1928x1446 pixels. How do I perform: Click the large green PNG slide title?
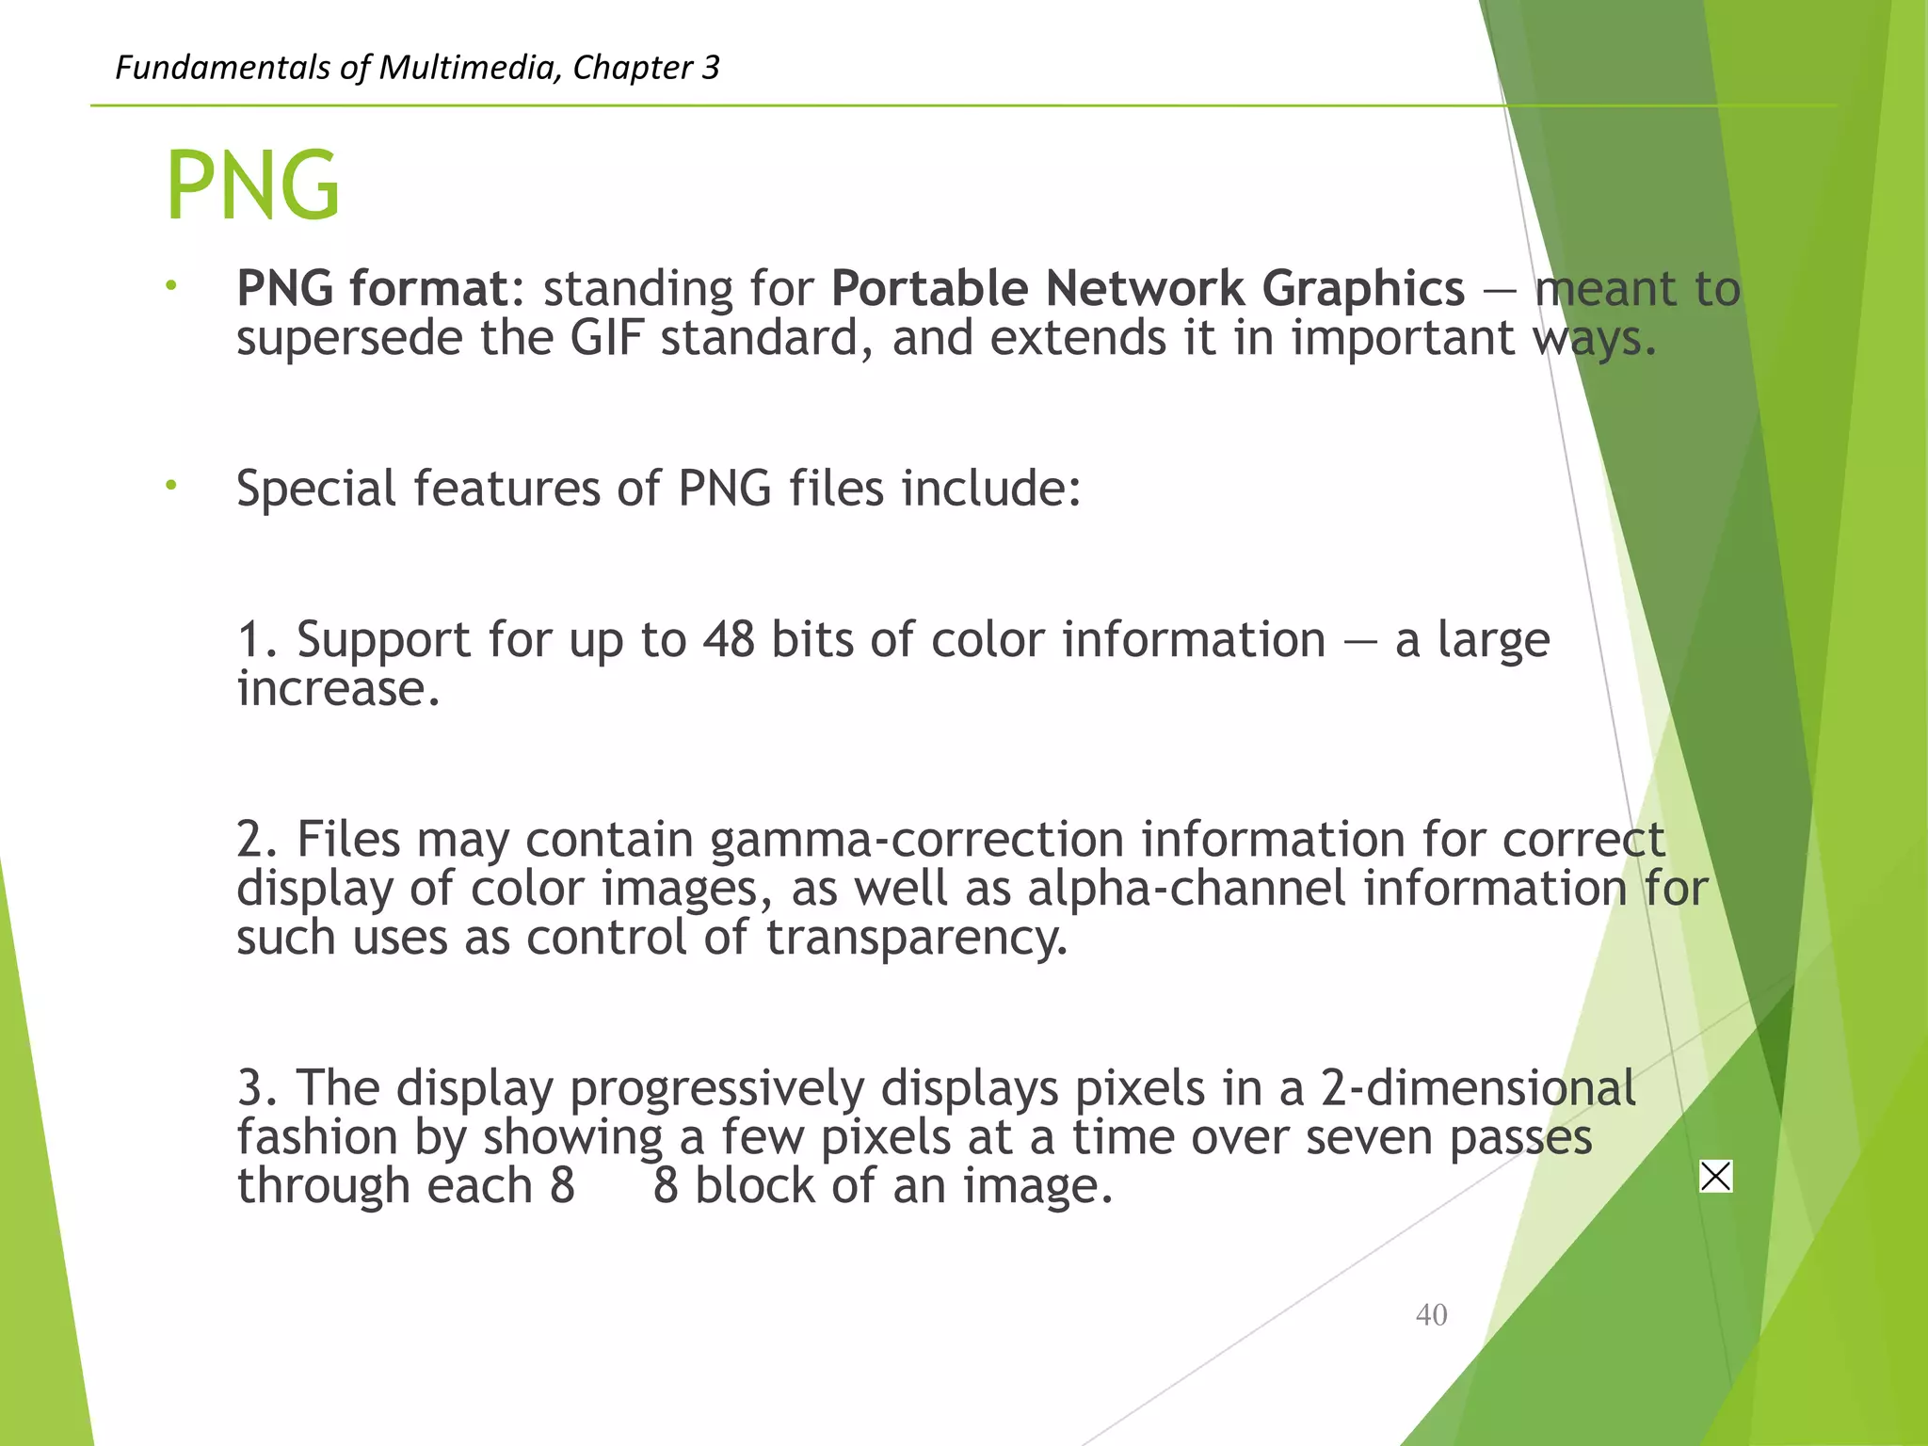tap(252, 185)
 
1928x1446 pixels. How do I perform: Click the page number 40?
tap(1431, 1315)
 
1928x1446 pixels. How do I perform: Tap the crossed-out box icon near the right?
tap(1715, 1177)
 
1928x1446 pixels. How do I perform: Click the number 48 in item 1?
tap(728, 640)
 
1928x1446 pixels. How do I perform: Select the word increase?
tap(337, 689)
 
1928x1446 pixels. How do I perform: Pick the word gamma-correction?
tap(917, 840)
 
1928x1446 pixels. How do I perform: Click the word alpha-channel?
tap(1186, 889)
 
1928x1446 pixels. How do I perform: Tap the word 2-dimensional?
tap(1478, 1088)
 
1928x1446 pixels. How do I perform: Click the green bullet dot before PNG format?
tap(170, 285)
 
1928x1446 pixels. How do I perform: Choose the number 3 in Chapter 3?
tap(710, 68)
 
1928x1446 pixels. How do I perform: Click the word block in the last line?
tap(754, 1186)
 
